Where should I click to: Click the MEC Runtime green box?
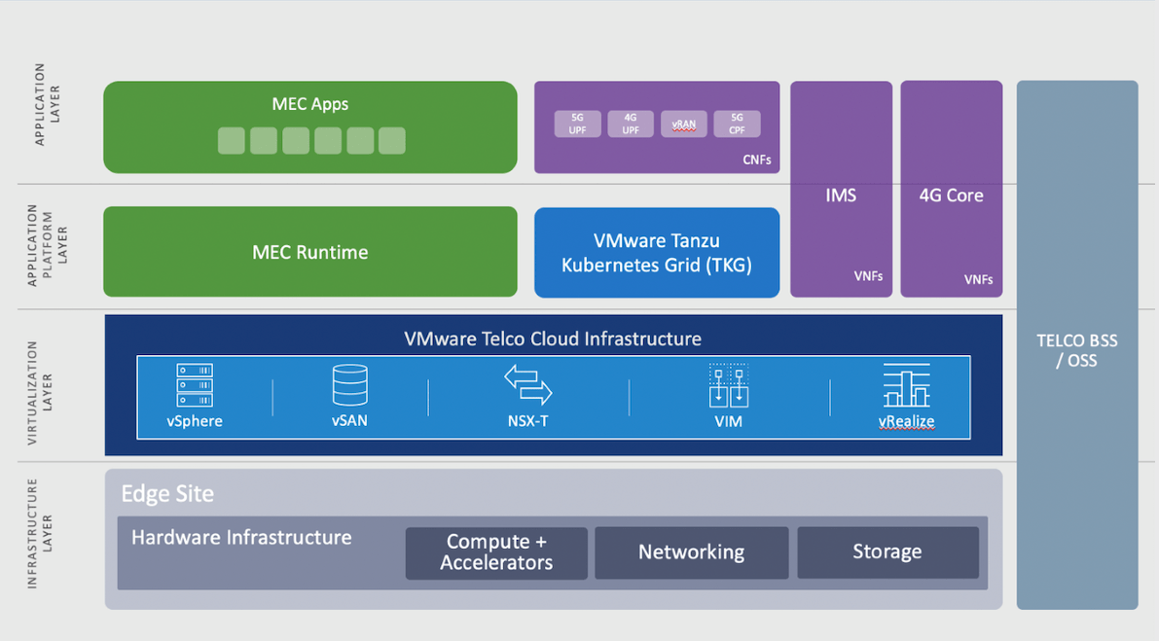click(309, 252)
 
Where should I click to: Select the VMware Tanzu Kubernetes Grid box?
click(657, 252)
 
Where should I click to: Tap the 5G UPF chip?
click(577, 124)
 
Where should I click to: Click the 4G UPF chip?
click(631, 124)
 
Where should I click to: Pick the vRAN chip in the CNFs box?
click(684, 124)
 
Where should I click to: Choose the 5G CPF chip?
click(737, 124)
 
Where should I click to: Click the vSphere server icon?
click(195, 385)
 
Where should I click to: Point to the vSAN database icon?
click(349, 385)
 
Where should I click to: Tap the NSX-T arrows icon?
click(528, 384)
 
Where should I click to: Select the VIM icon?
click(728, 385)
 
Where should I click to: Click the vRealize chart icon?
click(906, 385)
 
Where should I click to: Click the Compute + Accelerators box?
click(496, 552)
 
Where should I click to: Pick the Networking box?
click(691, 552)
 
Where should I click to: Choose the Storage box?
click(887, 552)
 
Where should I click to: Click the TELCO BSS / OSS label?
click(1076, 351)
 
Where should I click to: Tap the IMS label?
click(841, 196)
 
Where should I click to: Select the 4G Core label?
click(951, 196)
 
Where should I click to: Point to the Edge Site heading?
click(167, 493)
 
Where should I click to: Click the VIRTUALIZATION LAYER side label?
click(40, 386)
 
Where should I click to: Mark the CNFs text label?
click(755, 160)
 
